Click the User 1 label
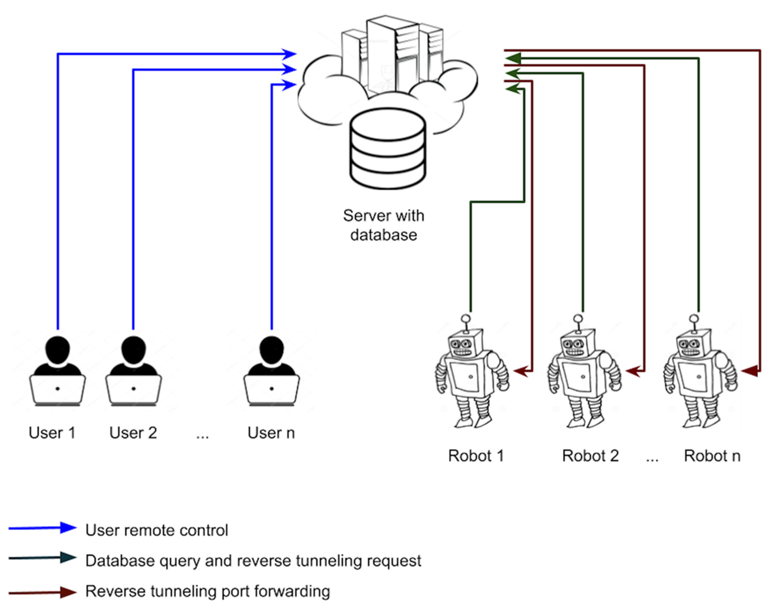(x=52, y=433)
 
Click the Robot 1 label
(x=475, y=455)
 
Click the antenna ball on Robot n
(x=694, y=319)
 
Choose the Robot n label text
(x=711, y=455)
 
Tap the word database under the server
(x=383, y=235)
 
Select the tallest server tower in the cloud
(x=391, y=53)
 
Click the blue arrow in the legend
(x=42, y=527)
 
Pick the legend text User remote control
(x=157, y=530)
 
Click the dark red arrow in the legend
(x=42, y=592)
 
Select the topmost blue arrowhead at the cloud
(x=289, y=54)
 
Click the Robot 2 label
(x=590, y=455)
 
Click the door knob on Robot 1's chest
(x=471, y=377)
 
